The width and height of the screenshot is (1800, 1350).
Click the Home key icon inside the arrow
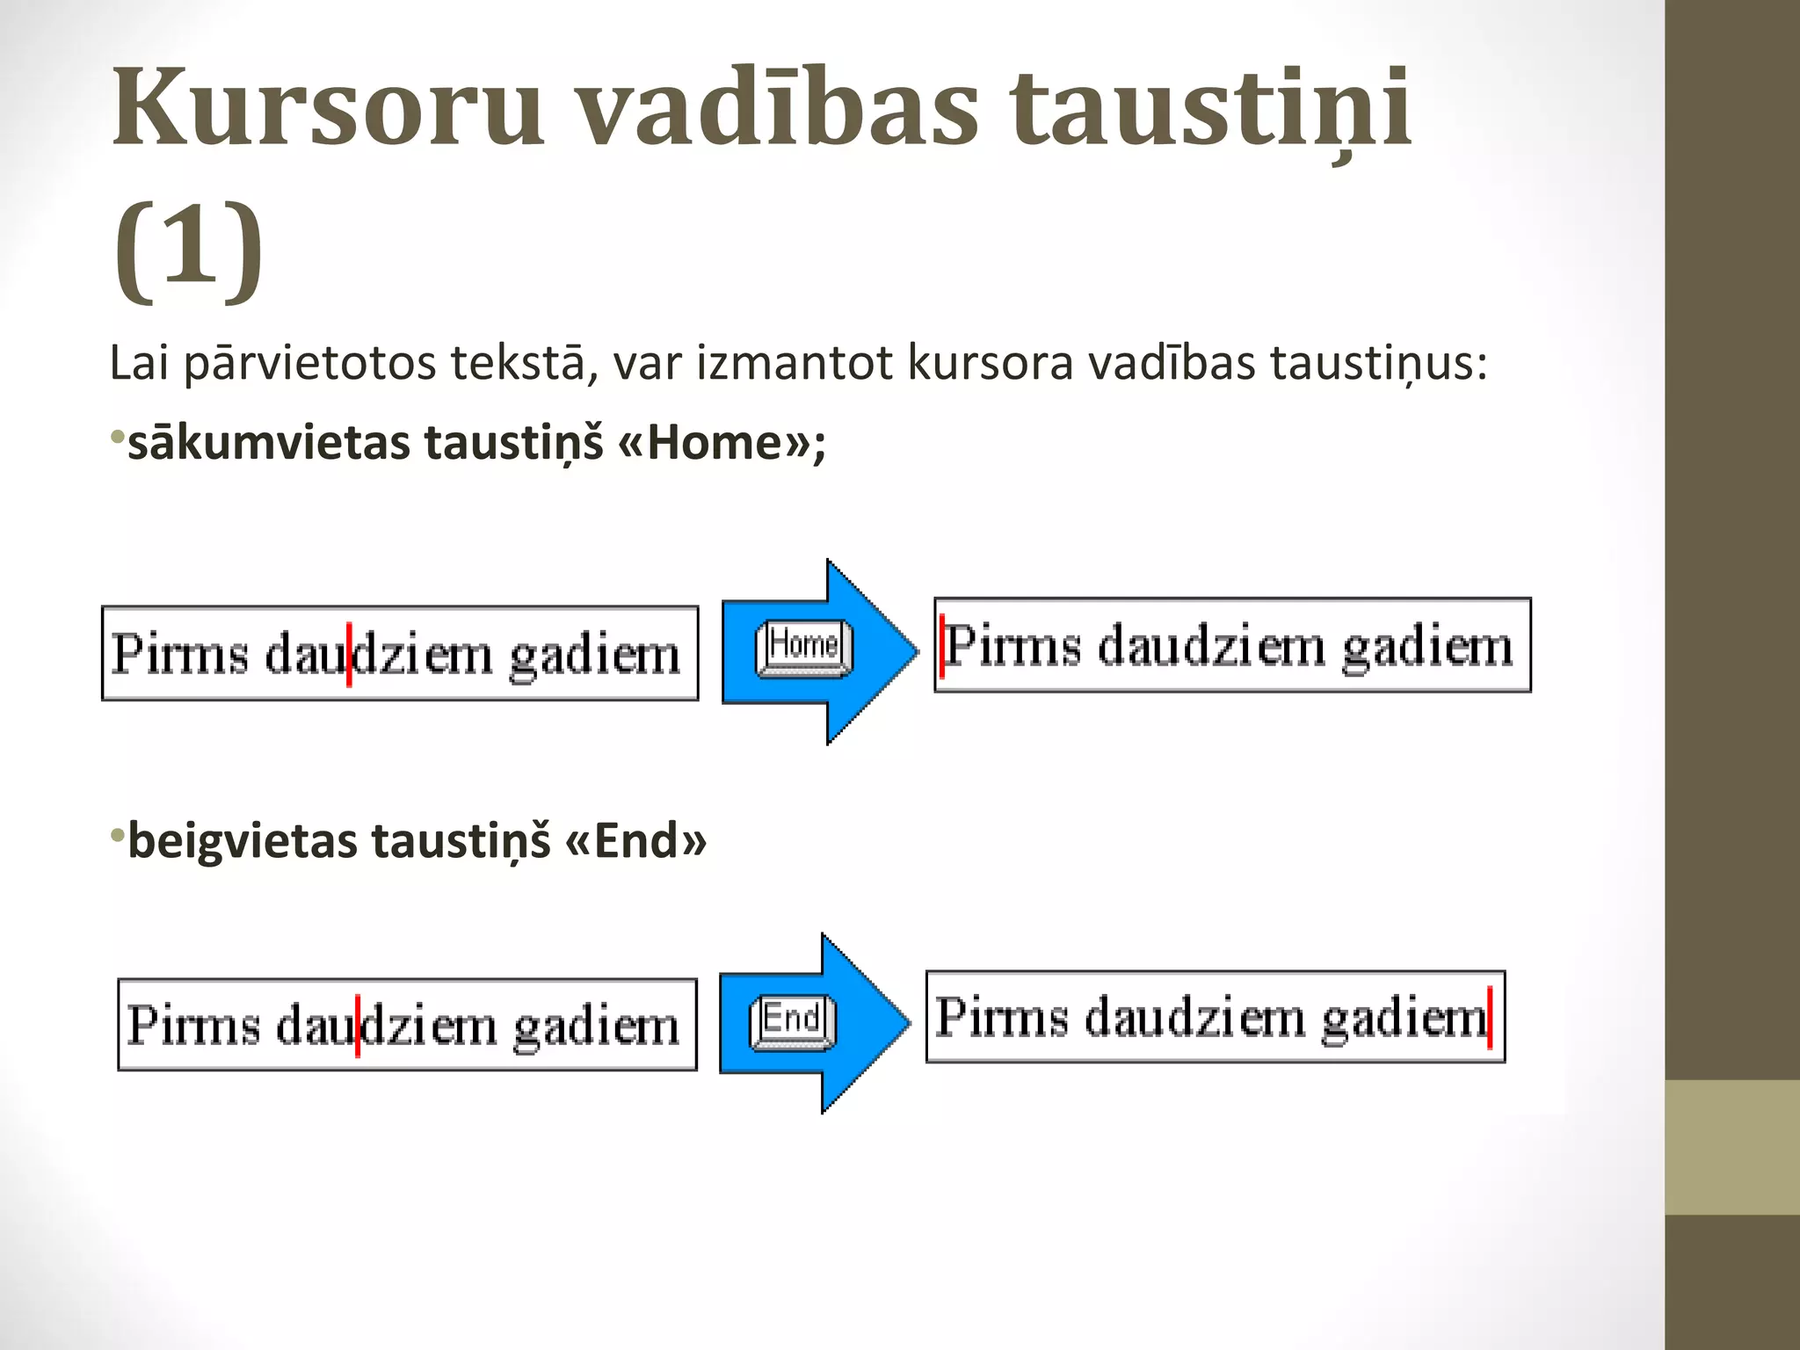pos(804,649)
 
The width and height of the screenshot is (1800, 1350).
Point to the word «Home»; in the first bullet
pos(722,442)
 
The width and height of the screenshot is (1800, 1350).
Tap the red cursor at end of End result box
pos(1490,1018)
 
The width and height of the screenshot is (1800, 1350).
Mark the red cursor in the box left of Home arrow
pos(350,654)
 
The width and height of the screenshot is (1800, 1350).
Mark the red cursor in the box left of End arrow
pos(358,1025)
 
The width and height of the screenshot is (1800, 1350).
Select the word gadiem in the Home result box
pos(1427,648)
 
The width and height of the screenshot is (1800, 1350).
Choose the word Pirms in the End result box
pos(1002,1018)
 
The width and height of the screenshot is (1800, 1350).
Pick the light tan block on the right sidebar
pos(1732,1147)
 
